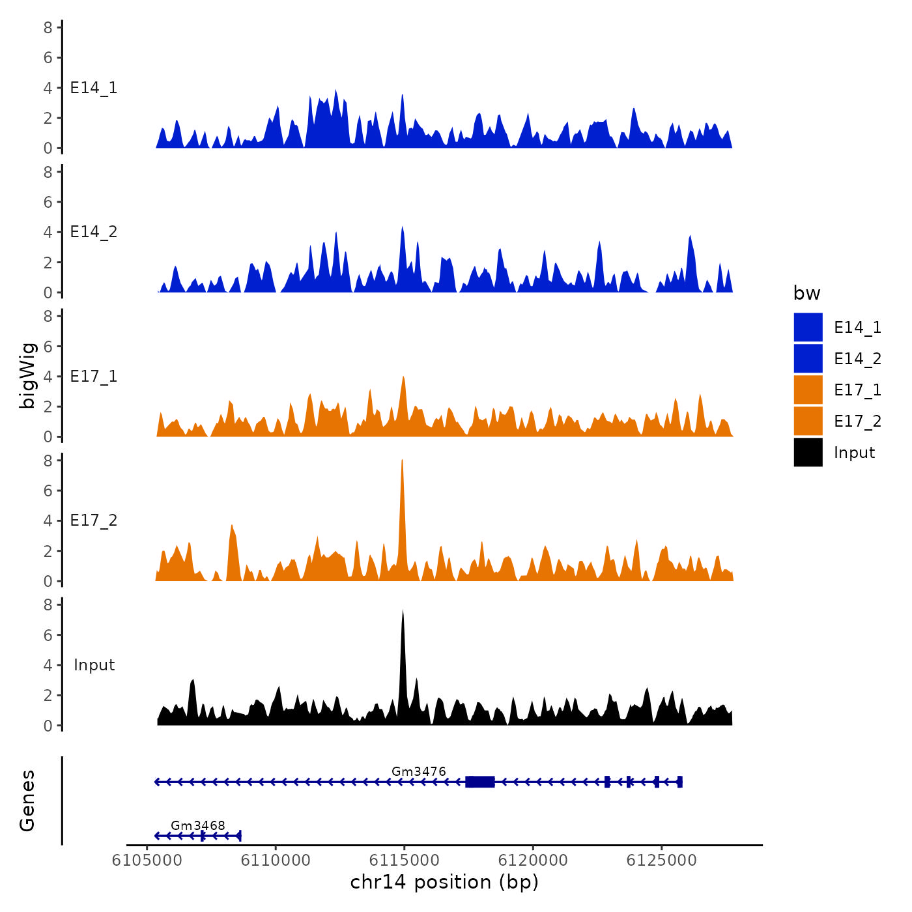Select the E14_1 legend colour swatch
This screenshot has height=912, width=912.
pyautogui.click(x=808, y=327)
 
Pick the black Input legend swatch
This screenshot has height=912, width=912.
pyautogui.click(x=808, y=452)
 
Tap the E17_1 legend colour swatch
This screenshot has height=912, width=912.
pyautogui.click(x=808, y=390)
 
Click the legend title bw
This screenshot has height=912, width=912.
pyautogui.click(x=806, y=293)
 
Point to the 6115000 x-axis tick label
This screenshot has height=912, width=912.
pyautogui.click(x=405, y=861)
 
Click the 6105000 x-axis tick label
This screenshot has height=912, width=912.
pyautogui.click(x=147, y=861)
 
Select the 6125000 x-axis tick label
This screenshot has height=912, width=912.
pyautogui.click(x=661, y=861)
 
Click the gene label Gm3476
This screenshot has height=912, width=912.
pyautogui.click(x=419, y=772)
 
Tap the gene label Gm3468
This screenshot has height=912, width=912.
pyautogui.click(x=198, y=826)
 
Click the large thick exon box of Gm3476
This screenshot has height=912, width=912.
pyautogui.click(x=480, y=782)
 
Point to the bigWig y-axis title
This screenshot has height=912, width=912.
pyautogui.click(x=27, y=375)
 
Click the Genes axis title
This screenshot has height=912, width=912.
pyautogui.click(x=27, y=801)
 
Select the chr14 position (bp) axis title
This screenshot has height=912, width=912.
pyautogui.click(x=444, y=882)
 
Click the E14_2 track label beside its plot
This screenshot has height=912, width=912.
pyautogui.click(x=94, y=232)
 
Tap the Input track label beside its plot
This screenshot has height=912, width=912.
pyautogui.click(x=94, y=665)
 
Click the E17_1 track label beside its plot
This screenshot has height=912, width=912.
pyautogui.click(x=94, y=377)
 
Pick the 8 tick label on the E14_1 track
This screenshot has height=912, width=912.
pyautogui.click(x=48, y=27)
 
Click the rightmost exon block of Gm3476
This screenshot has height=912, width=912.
pyautogui.click(x=679, y=782)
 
